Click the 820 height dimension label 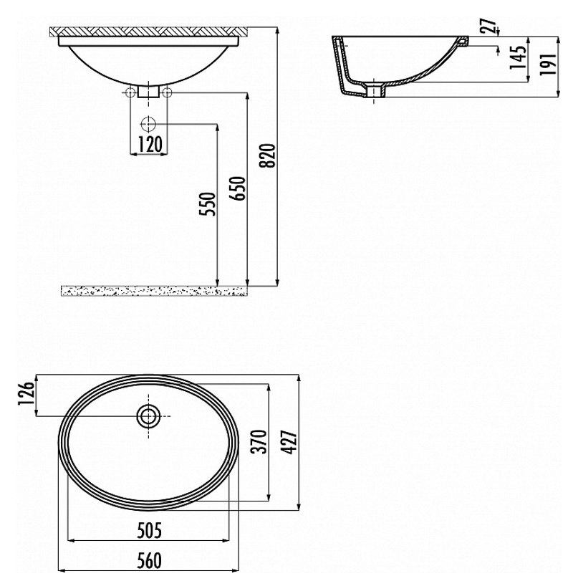(x=269, y=155)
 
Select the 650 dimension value (x=238, y=188)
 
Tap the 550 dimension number (x=208, y=204)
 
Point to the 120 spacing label (x=149, y=144)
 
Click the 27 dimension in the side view (x=490, y=26)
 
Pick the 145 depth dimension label (x=518, y=57)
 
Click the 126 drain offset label (x=27, y=394)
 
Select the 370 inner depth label (x=259, y=442)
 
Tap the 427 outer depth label (x=289, y=442)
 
